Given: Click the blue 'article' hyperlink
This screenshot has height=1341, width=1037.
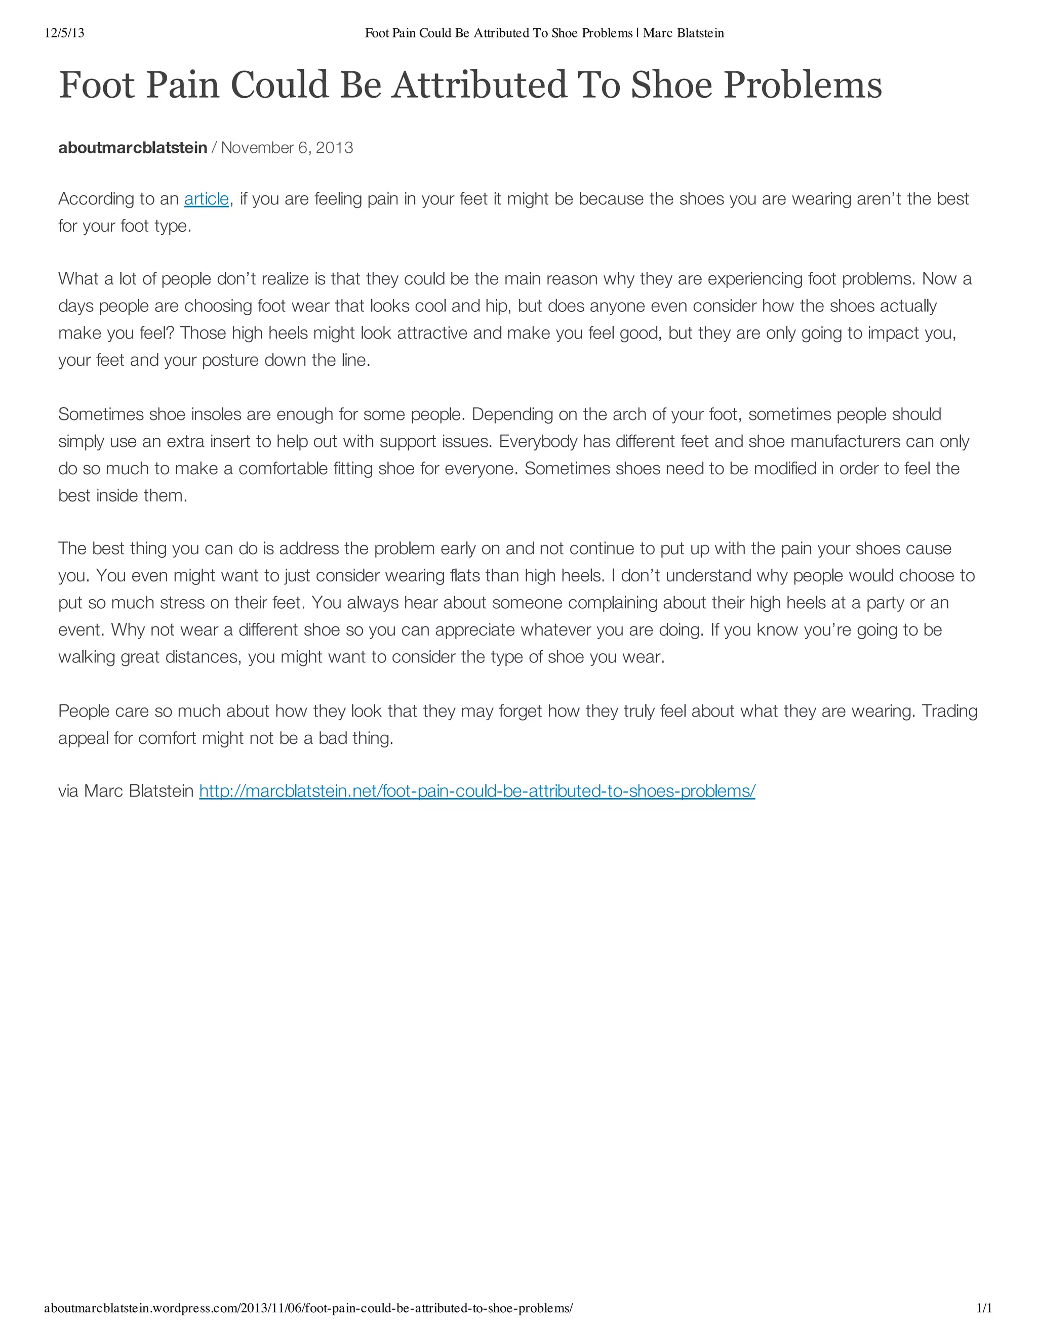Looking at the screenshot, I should (207, 199).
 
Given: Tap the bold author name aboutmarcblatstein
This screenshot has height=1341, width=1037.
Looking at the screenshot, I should (132, 148).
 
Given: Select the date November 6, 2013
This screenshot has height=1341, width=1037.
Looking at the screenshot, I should (287, 148).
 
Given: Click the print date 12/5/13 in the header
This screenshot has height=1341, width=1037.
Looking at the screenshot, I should (64, 33).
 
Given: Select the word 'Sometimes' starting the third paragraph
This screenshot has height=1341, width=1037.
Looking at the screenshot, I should (101, 414).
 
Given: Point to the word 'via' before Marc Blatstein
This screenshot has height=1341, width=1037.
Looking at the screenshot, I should (69, 791).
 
